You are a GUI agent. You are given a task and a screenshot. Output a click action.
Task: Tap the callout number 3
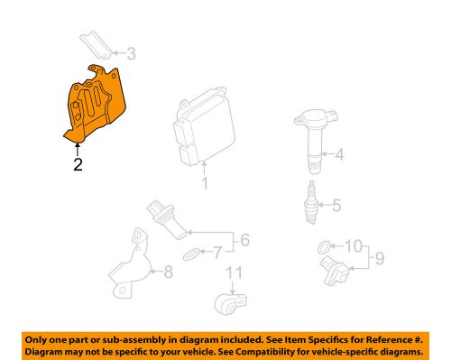point(132,53)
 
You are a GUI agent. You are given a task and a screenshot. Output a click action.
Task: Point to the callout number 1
point(205,186)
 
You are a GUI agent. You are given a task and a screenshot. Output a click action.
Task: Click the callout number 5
point(336,206)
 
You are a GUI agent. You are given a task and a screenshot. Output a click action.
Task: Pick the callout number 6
point(243,241)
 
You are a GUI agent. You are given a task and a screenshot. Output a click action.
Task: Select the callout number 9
point(381,260)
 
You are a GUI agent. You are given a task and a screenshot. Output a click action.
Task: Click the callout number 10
point(353,245)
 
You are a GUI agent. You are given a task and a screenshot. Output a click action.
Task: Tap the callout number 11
point(235,273)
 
